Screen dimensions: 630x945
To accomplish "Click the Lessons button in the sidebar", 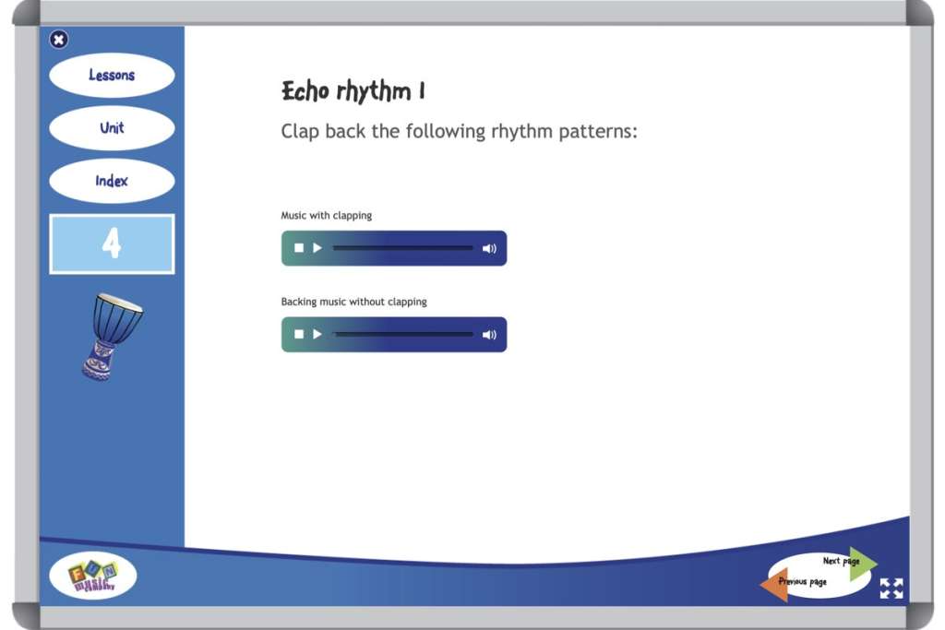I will (x=112, y=76).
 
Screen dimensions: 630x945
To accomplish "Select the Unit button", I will (x=112, y=128).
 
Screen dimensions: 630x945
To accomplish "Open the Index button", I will (x=112, y=181).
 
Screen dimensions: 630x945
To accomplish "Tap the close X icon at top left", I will (x=59, y=39).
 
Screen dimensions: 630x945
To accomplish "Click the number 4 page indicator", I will (x=112, y=244).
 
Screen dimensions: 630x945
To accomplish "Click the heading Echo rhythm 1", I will (x=353, y=91).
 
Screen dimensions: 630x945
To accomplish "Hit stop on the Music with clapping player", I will (x=299, y=248).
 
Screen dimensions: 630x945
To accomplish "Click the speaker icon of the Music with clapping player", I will (x=489, y=248).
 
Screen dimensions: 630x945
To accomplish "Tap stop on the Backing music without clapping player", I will (x=299, y=334).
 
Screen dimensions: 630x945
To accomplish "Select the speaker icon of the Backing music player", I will (x=489, y=334).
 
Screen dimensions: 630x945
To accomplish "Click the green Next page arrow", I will (x=862, y=562).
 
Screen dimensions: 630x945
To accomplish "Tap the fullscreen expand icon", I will (x=891, y=588).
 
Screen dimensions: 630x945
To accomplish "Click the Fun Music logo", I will (x=93, y=577).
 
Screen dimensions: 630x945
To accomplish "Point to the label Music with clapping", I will (x=327, y=216).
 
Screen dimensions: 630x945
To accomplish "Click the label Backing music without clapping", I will (x=353, y=302).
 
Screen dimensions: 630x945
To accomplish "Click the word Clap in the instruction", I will (x=300, y=132).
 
